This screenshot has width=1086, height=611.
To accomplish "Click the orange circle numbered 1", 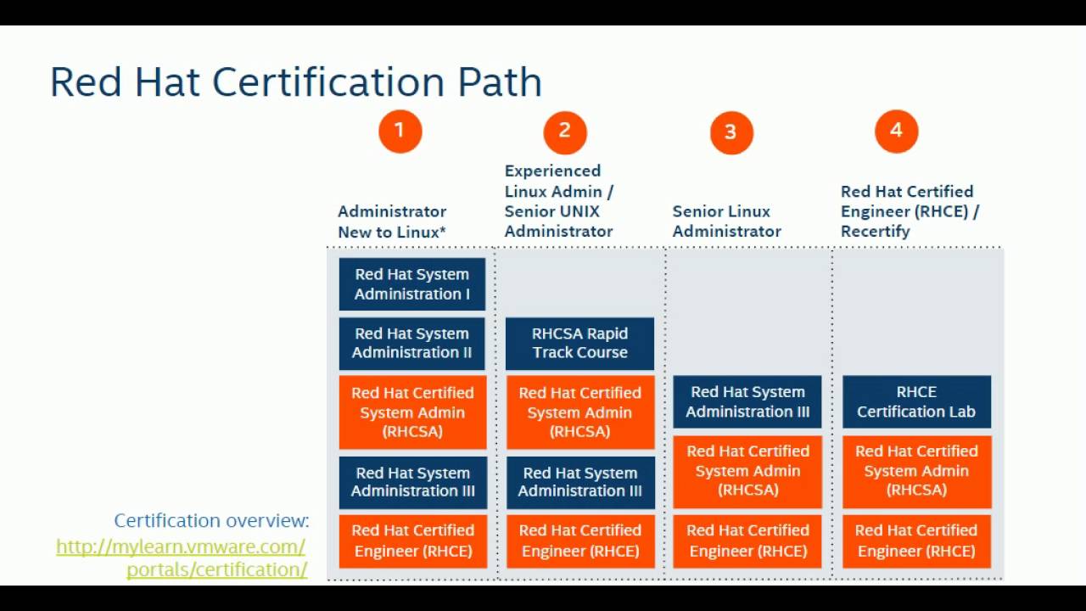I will click(400, 132).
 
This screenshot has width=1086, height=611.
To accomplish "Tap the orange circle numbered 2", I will click(565, 132).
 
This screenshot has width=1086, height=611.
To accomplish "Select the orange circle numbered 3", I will click(731, 132).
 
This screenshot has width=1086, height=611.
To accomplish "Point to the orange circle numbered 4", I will click(896, 132).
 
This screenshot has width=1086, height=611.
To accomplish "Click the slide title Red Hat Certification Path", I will click(295, 82).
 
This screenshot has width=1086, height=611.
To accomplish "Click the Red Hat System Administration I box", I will click(412, 284).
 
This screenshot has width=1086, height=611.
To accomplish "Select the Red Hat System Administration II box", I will click(412, 344).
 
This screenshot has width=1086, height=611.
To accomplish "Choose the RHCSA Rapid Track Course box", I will click(579, 344).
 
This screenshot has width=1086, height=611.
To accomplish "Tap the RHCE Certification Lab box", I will click(916, 401).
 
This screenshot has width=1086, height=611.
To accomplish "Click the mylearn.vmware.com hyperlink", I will click(181, 558).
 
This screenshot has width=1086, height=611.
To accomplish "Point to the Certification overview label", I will click(211, 520).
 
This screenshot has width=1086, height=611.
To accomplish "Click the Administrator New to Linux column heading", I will click(392, 221).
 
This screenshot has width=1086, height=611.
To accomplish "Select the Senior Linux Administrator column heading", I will click(726, 221).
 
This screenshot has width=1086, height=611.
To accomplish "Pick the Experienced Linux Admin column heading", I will click(558, 201).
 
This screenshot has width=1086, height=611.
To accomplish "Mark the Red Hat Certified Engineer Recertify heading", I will click(910, 211).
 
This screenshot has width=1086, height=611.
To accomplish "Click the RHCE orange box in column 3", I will click(747, 541).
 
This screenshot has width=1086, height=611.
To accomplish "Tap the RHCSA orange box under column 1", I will click(412, 412).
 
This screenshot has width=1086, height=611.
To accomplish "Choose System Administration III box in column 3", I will click(747, 401).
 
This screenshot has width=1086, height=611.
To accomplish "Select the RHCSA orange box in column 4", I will click(916, 471).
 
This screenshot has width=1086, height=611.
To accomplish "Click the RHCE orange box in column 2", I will click(580, 541).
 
